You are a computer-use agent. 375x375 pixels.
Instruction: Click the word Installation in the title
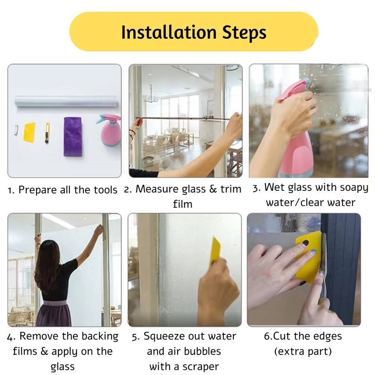click(x=169, y=32)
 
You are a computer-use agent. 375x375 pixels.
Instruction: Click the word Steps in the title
click(x=244, y=33)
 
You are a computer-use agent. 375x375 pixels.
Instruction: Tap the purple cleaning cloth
click(x=73, y=137)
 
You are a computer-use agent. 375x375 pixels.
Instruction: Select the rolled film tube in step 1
click(x=66, y=101)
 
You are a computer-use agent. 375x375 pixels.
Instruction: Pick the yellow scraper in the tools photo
click(x=29, y=132)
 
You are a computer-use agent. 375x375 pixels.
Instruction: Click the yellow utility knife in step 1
click(x=47, y=133)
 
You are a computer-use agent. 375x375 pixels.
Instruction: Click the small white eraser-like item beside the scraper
click(x=16, y=130)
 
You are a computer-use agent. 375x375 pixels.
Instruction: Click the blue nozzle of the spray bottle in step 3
click(x=307, y=82)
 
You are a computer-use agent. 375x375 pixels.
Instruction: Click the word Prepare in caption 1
click(x=38, y=190)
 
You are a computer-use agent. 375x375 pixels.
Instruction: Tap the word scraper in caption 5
click(x=200, y=367)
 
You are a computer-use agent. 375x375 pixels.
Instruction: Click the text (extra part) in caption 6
click(x=303, y=352)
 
